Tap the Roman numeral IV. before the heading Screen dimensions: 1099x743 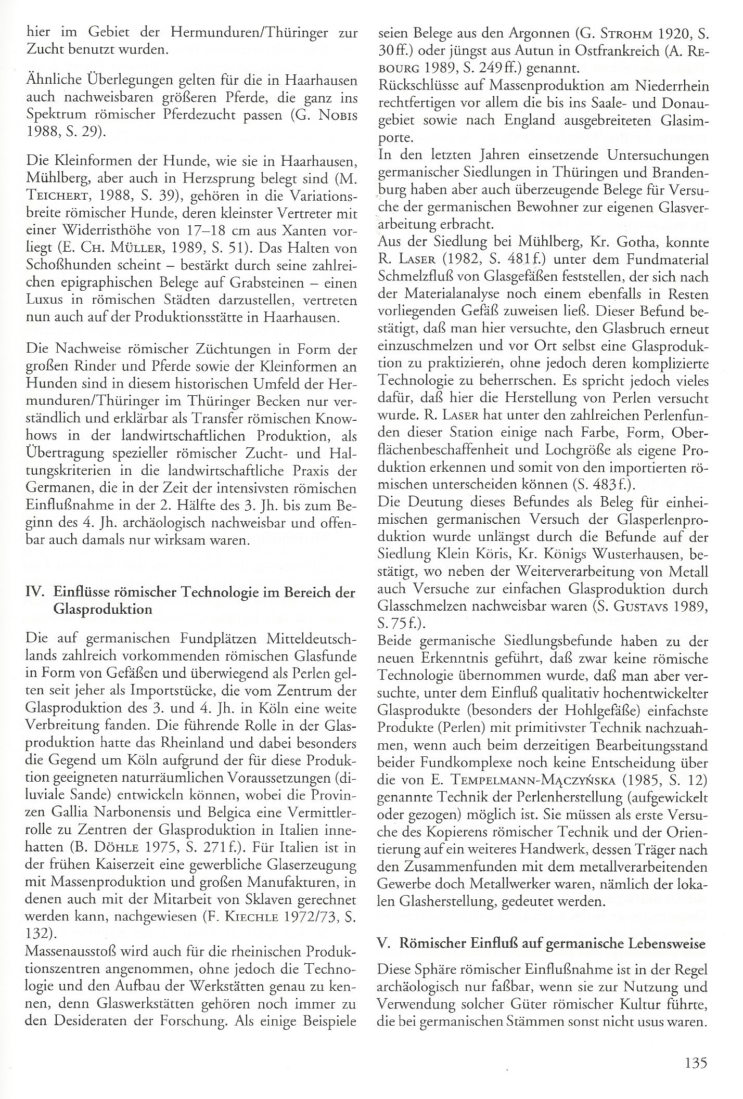coord(35,593)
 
